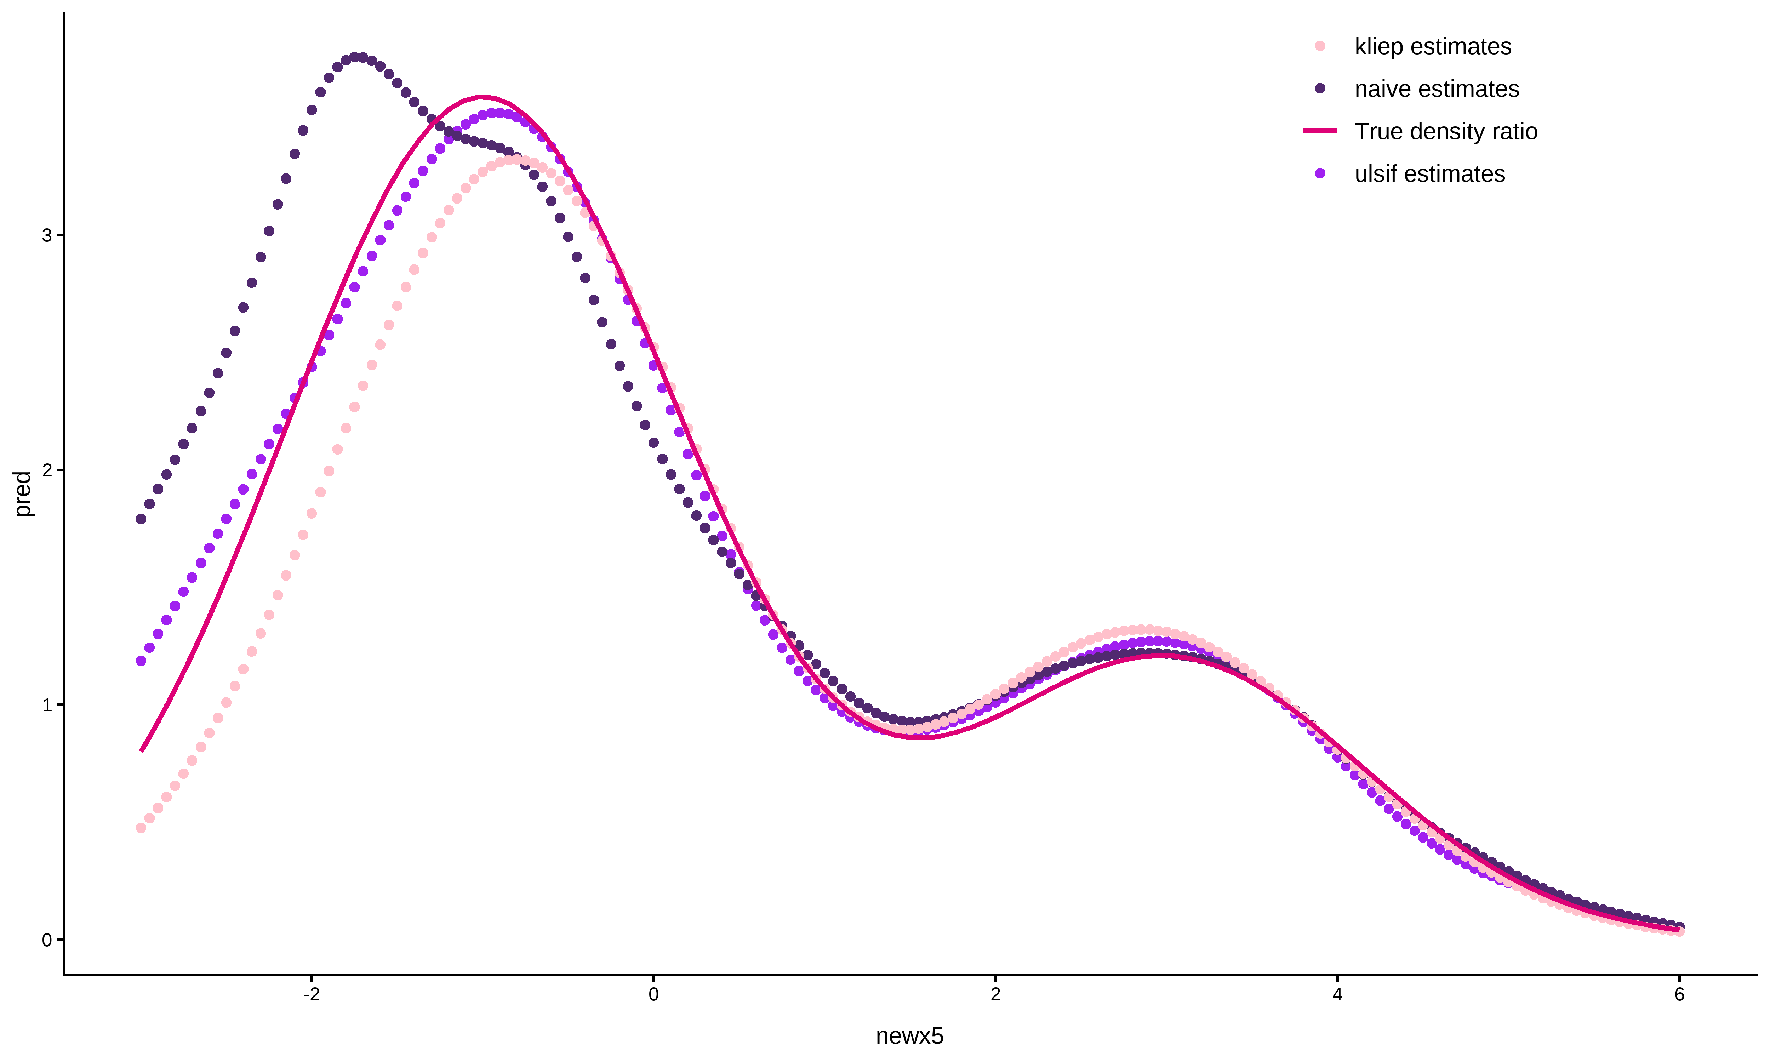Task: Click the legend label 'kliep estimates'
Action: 1432,46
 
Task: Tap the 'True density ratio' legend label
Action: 1445,132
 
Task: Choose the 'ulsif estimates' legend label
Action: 1429,174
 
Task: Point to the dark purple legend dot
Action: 1320,89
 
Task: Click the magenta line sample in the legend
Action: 1320,131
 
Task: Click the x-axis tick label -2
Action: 311,995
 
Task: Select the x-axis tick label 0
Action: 653,995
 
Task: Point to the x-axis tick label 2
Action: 995,995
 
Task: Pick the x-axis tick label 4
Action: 1337,995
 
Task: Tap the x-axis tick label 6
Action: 1679,995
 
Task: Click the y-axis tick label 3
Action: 47,235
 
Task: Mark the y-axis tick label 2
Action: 47,470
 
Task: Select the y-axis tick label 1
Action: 47,705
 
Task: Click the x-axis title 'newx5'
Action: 909,1036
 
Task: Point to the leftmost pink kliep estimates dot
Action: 141,828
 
